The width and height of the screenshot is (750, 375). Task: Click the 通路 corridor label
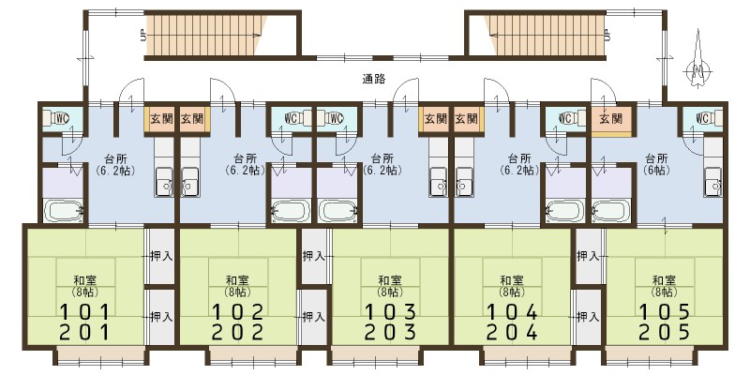[x=374, y=80]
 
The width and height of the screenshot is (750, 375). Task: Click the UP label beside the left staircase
[x=143, y=35]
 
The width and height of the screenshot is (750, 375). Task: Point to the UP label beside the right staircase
[x=607, y=35]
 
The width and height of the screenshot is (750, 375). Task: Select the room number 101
[x=85, y=312]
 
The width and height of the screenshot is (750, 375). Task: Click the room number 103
[x=390, y=312]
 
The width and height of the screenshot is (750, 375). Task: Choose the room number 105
[x=665, y=312]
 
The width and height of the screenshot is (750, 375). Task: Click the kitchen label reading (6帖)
[x=657, y=170]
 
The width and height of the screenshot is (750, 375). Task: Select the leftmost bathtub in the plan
[x=64, y=211]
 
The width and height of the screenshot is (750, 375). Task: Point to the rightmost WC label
[x=702, y=118]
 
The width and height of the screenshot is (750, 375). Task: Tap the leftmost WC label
[x=62, y=118]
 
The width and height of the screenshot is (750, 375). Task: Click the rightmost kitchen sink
[x=712, y=181]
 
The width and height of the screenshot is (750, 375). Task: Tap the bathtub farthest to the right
[x=611, y=211]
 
